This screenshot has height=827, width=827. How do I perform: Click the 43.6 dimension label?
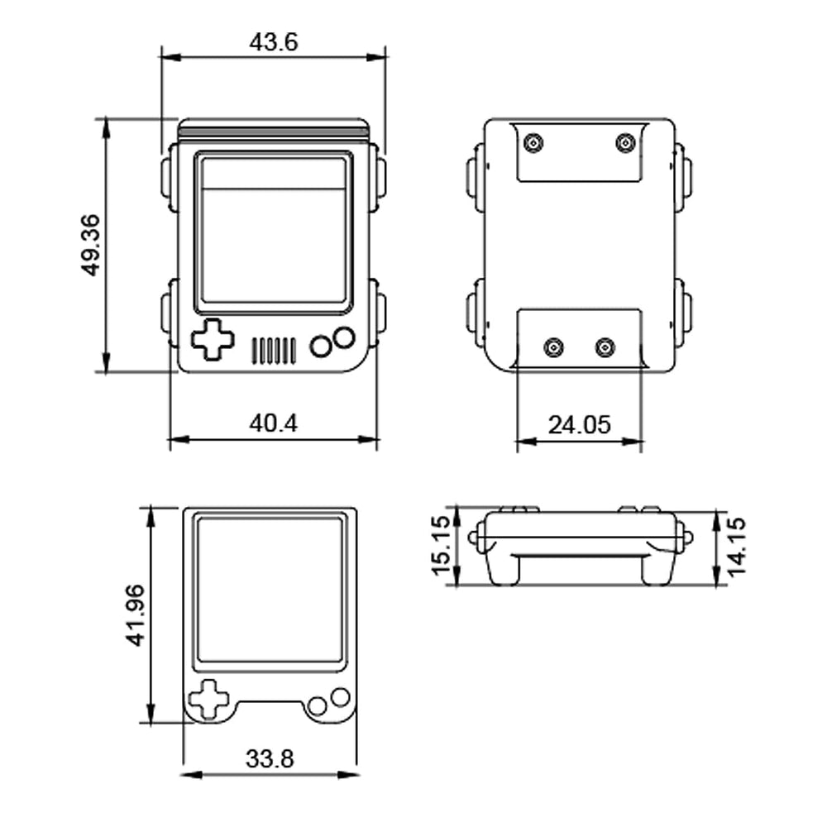(273, 42)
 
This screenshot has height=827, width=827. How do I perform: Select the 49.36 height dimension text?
(91, 246)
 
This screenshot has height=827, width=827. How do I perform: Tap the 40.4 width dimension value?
(273, 423)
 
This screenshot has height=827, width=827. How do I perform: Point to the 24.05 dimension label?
(579, 425)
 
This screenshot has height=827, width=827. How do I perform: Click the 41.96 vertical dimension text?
(135, 614)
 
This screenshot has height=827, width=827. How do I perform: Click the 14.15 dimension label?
(736, 545)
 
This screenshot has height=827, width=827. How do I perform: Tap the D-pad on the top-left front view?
(213, 339)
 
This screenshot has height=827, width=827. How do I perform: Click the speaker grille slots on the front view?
(273, 351)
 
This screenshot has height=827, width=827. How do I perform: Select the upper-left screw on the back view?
(534, 144)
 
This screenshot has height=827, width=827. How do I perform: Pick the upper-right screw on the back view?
(627, 144)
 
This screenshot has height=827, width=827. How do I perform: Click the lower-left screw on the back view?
(554, 347)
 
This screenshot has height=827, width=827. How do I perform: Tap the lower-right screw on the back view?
(606, 347)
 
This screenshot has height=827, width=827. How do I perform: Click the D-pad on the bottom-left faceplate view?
(209, 700)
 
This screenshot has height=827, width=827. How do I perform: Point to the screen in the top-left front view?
(273, 229)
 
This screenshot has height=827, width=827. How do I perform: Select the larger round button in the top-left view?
(343, 337)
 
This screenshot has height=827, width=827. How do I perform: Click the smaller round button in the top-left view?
(321, 347)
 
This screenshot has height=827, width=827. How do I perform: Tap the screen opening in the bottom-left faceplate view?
(270, 590)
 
